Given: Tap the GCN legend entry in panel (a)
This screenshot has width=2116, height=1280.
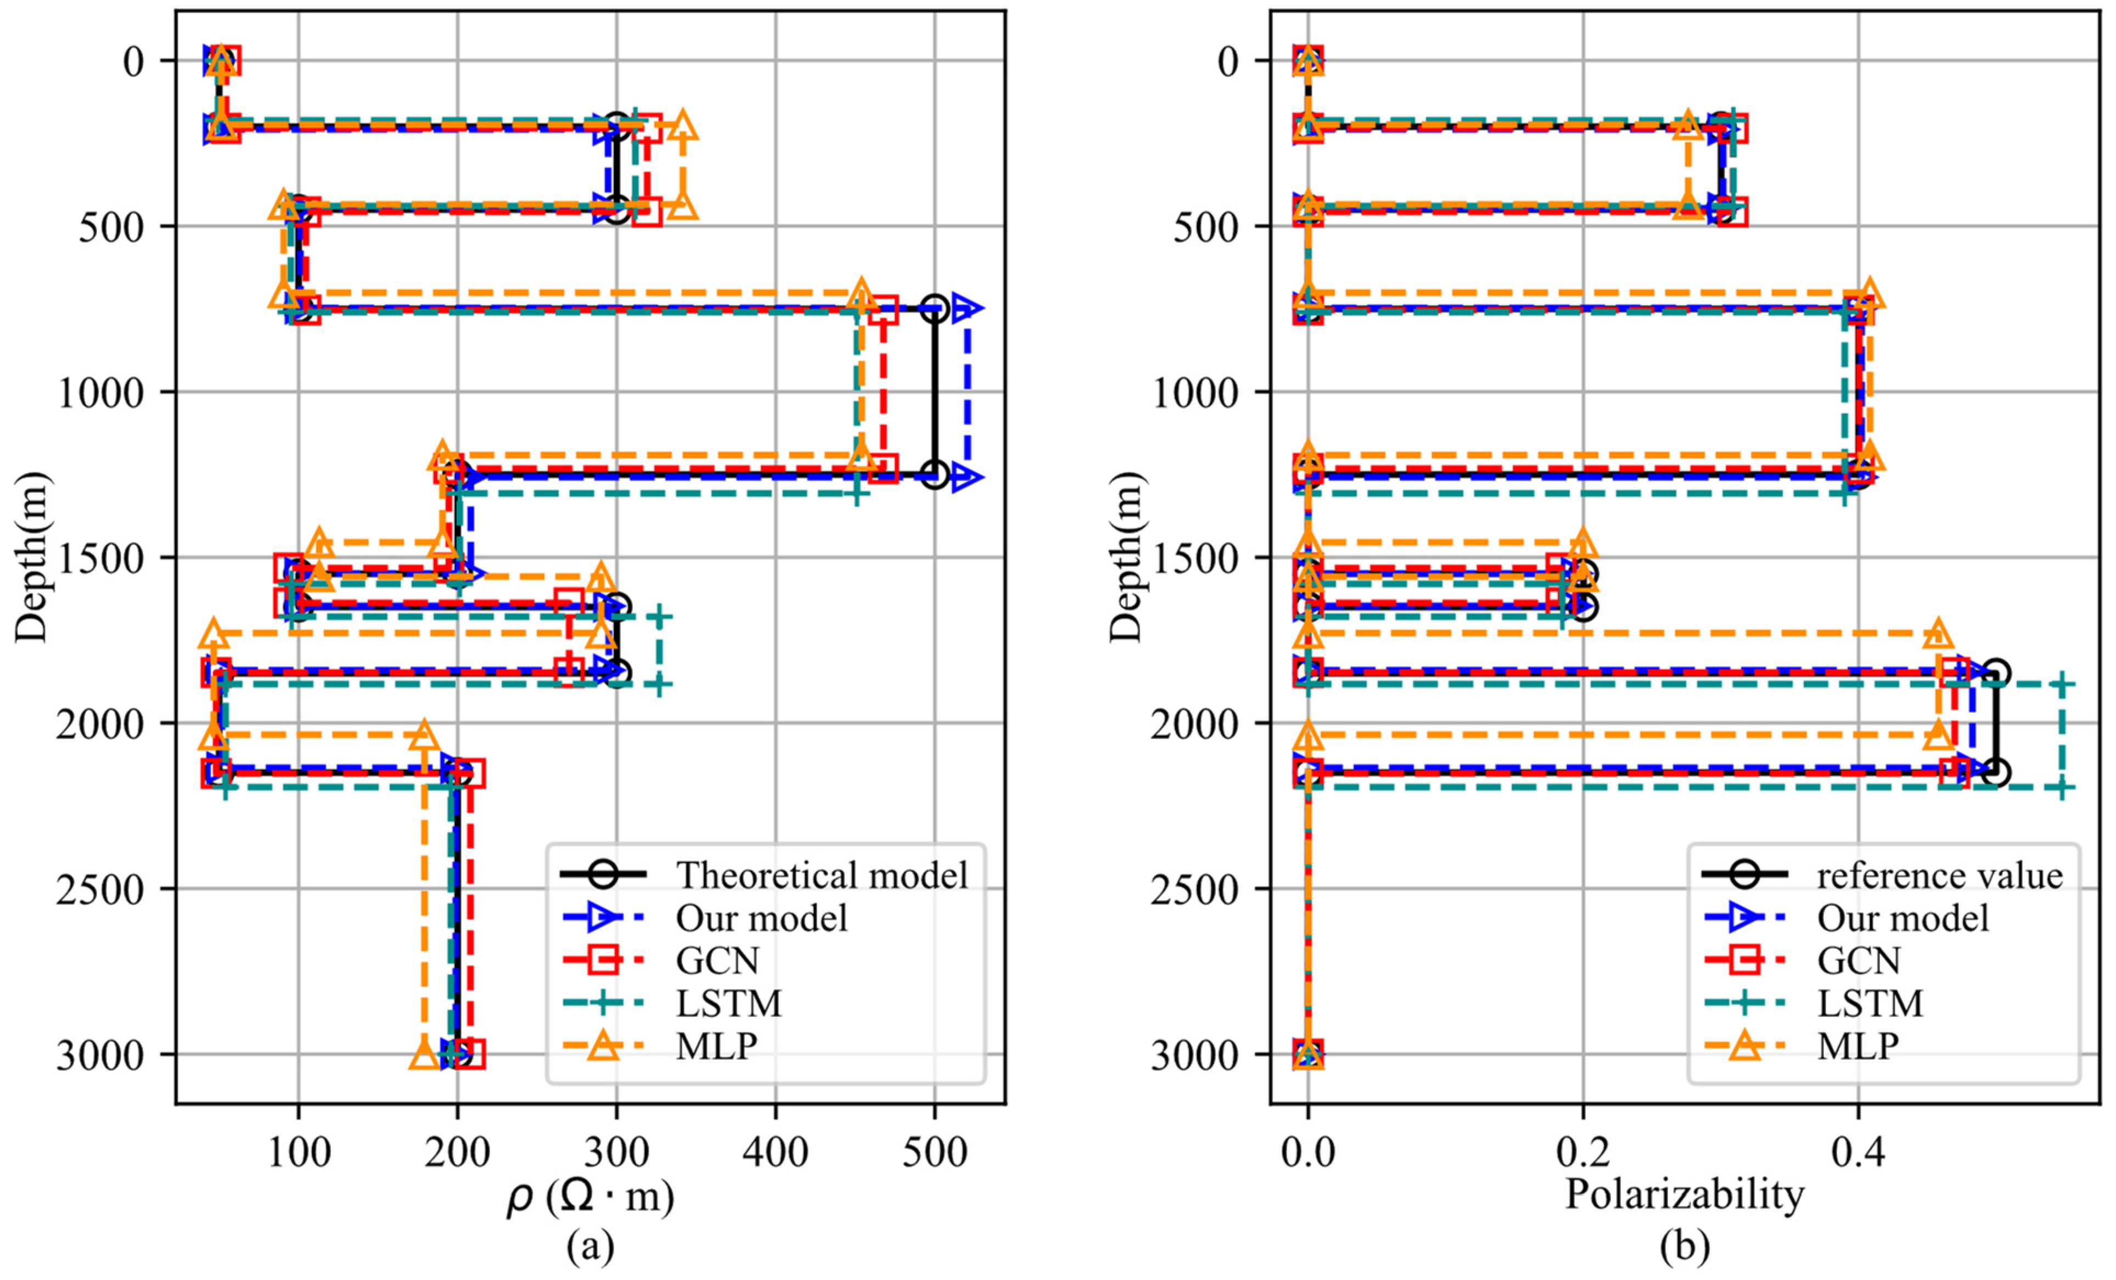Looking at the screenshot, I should point(717,960).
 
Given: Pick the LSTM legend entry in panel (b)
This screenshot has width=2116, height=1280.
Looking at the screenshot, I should point(1870,1003).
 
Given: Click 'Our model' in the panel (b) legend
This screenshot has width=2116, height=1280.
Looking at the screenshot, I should point(1902,918).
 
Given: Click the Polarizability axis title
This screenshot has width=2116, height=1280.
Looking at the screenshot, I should point(1684,1195).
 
